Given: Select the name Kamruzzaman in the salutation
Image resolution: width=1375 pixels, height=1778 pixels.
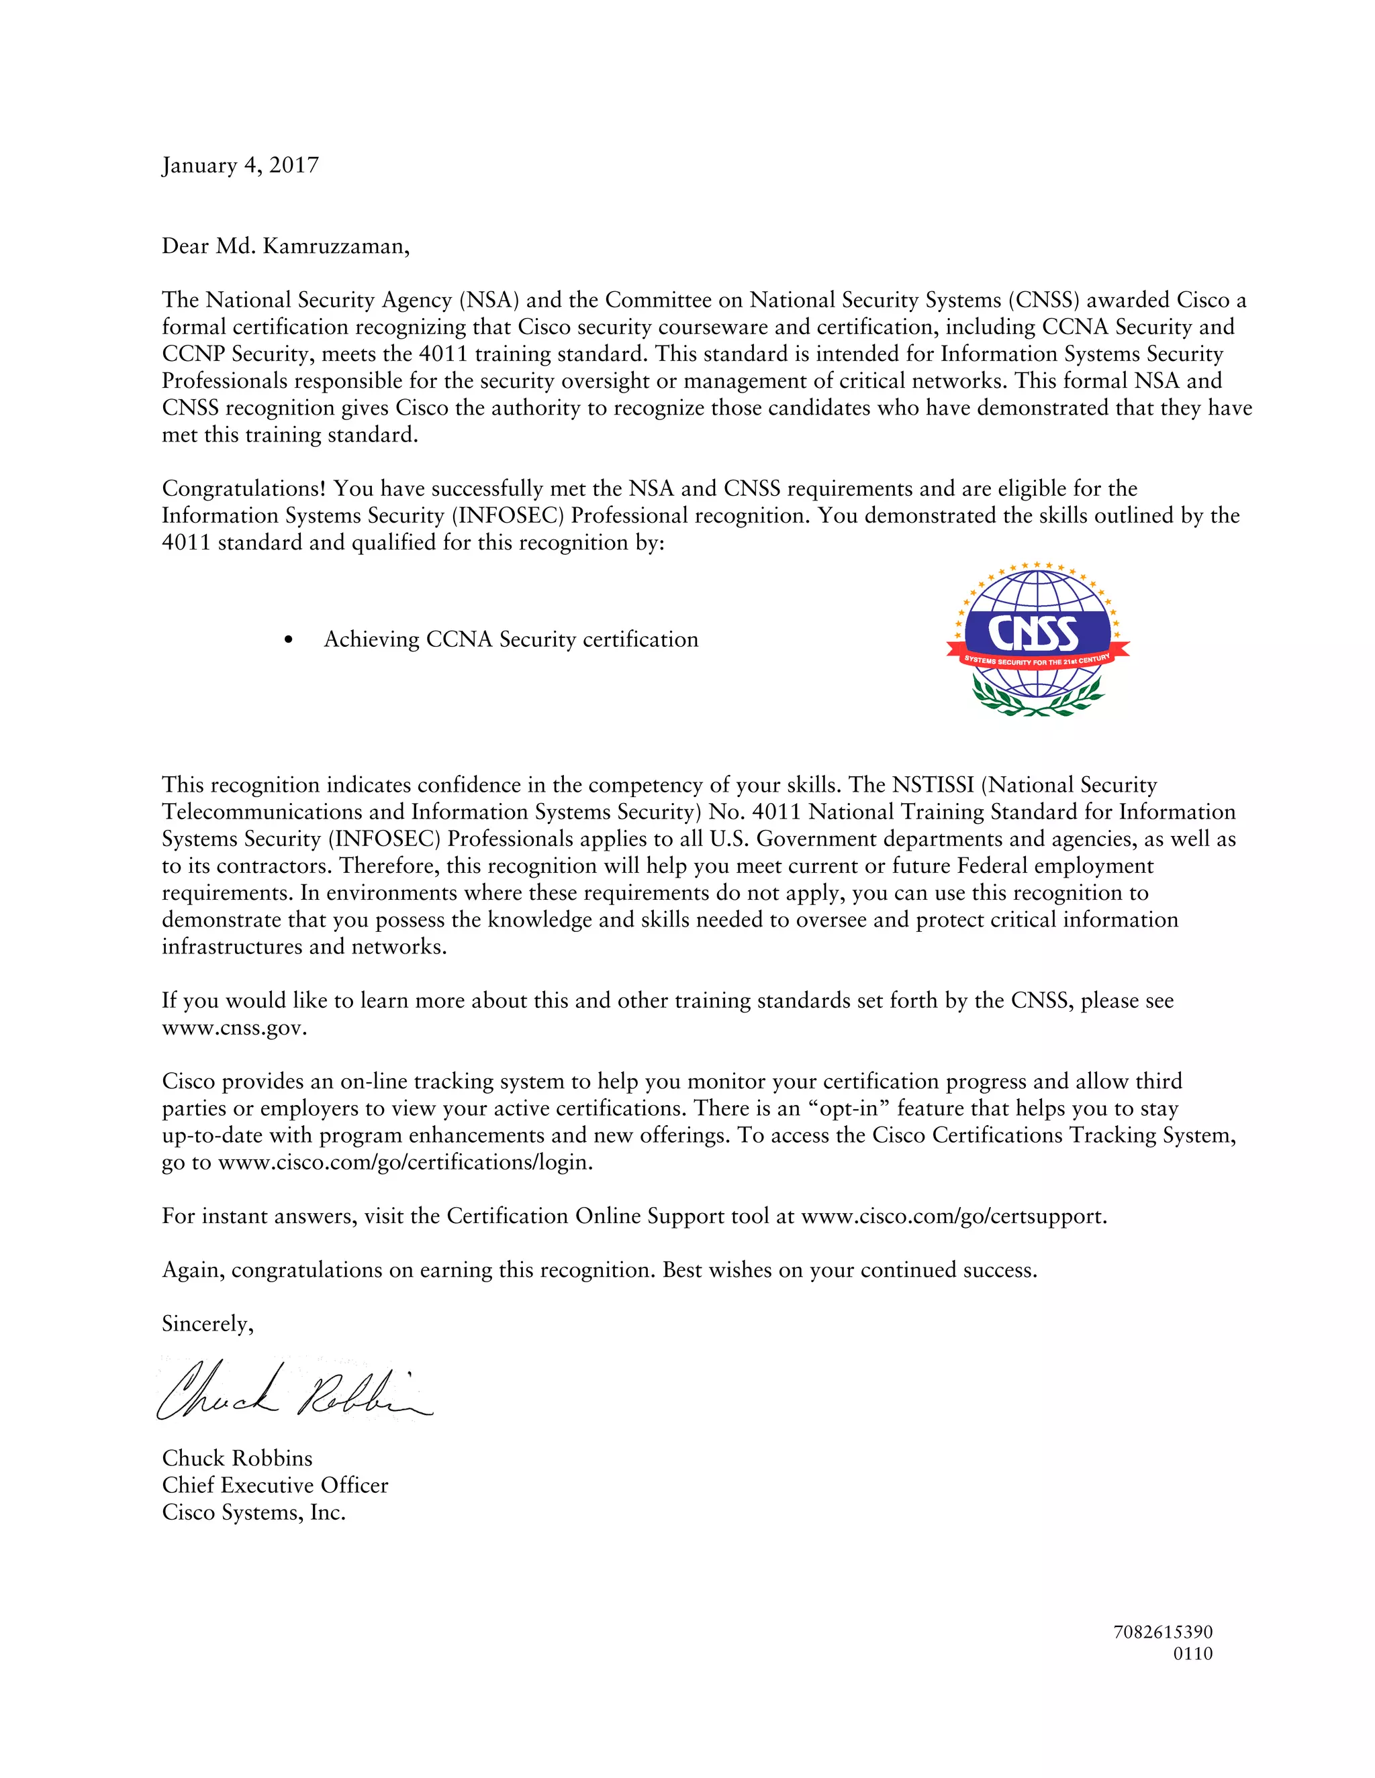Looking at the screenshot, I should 335,246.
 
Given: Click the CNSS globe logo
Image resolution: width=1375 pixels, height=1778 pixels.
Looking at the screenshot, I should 1037,639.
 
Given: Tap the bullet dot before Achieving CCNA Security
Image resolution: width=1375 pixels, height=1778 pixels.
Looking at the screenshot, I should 288,640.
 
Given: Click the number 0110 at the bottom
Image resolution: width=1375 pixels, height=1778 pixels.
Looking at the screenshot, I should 1192,1653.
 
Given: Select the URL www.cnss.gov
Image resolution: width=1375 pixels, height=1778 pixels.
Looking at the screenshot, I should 234,1027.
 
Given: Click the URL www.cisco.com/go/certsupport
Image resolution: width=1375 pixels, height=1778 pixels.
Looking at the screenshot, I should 953,1216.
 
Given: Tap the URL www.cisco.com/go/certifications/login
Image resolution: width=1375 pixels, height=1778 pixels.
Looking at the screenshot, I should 405,1163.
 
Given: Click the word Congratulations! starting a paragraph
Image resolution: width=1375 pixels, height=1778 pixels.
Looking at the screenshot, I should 244,488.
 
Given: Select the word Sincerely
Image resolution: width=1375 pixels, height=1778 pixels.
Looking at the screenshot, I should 207,1324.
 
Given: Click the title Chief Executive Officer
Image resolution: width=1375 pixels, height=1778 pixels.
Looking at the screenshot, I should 275,1485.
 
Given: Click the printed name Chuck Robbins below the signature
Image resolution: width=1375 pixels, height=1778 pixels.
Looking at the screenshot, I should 237,1458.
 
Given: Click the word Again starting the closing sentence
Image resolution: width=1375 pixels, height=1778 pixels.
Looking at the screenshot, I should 192,1270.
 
